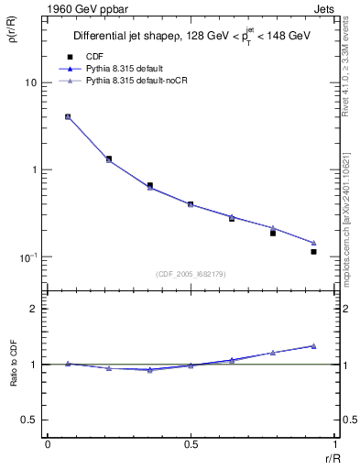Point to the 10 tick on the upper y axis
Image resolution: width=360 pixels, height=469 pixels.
click(31, 82)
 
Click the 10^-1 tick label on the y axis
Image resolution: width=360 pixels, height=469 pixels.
click(28, 257)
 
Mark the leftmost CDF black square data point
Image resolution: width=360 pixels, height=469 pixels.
click(68, 117)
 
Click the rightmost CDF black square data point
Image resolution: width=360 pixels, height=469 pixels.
click(313, 251)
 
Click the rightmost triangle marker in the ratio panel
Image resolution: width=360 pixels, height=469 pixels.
click(313, 345)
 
